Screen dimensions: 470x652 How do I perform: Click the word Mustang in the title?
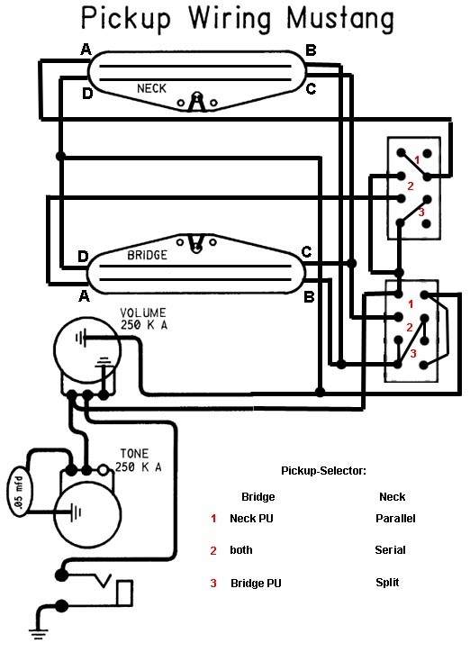[x=340, y=20]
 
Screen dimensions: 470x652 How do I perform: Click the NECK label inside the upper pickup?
[x=151, y=88]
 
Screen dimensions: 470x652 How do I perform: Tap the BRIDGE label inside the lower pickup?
[x=147, y=255]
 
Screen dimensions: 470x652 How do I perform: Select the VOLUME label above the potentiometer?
[x=143, y=312]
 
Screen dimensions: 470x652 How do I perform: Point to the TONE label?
[x=134, y=453]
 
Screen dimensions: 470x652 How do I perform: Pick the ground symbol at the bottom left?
[x=38, y=634]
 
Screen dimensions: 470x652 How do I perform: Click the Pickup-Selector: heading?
[x=324, y=471]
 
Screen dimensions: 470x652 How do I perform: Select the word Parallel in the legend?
[x=395, y=519]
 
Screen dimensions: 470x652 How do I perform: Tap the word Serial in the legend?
[x=390, y=549]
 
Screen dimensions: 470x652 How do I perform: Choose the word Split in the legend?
[x=387, y=582]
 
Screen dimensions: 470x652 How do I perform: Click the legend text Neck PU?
[x=251, y=519]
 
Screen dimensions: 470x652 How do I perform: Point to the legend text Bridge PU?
[x=256, y=583]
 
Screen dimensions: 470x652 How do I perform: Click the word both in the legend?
[x=241, y=549]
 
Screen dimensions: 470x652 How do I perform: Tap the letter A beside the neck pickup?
[x=86, y=50]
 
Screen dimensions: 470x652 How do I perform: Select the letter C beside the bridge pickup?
[x=306, y=252]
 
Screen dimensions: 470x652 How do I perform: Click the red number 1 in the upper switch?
[x=417, y=160]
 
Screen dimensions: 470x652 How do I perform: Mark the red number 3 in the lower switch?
[x=412, y=354]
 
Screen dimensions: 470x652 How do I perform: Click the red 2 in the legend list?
[x=213, y=550]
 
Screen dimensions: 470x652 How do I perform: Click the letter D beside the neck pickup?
[x=87, y=93]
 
